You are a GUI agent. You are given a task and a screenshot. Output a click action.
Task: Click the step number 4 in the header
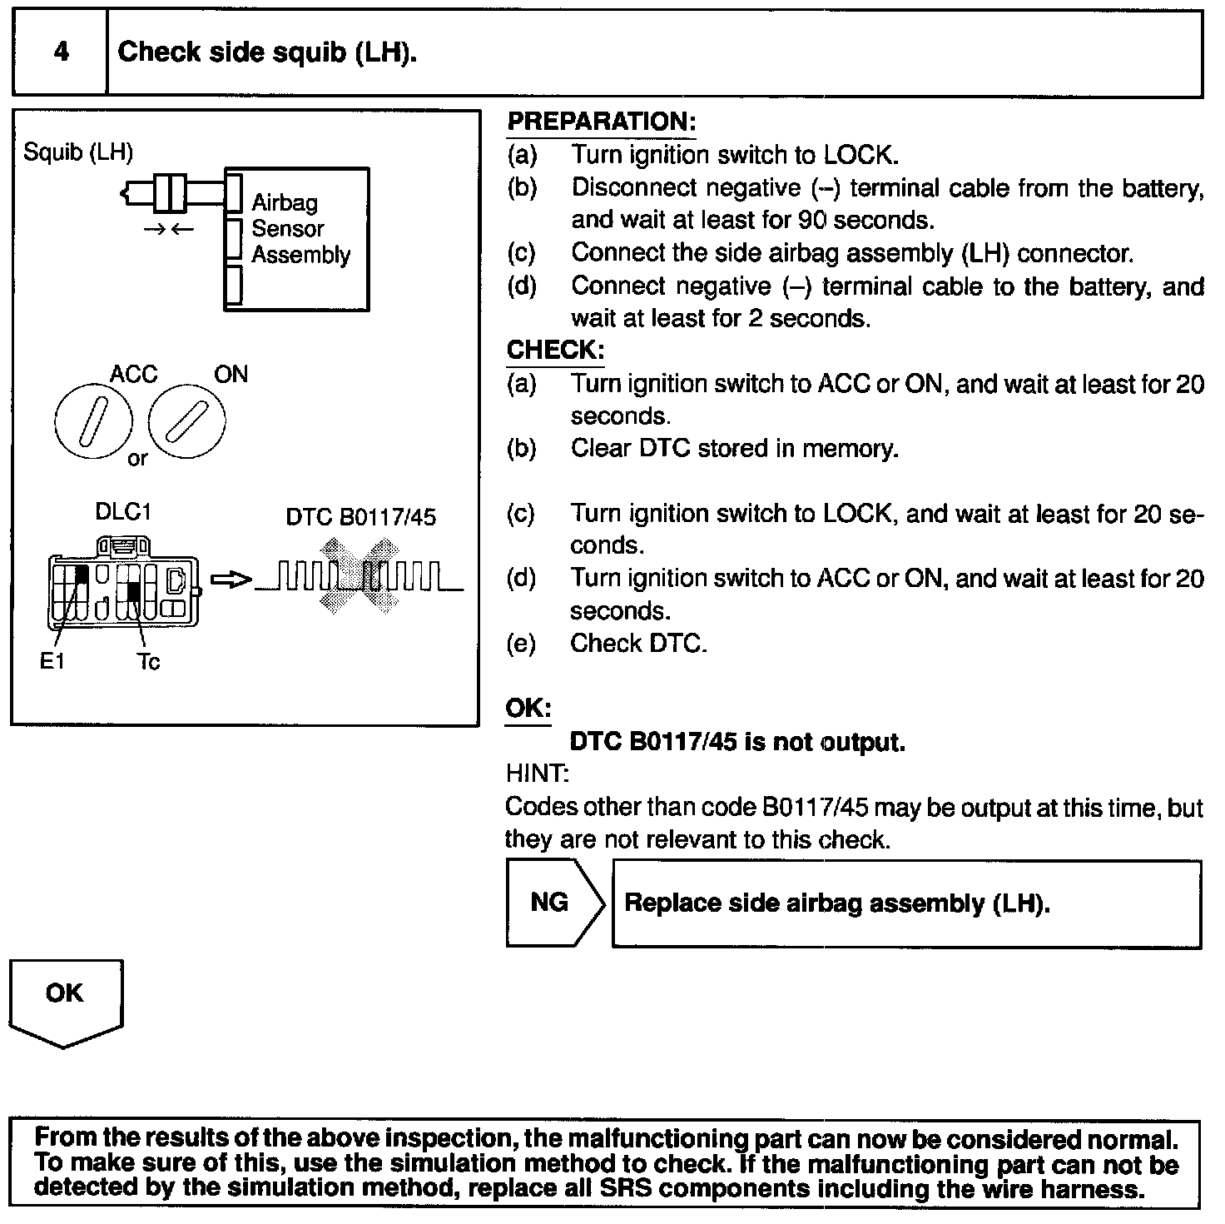pos(61,52)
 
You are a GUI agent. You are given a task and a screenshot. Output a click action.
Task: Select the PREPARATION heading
pos(601,122)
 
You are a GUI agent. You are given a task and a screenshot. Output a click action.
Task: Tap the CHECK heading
pos(555,351)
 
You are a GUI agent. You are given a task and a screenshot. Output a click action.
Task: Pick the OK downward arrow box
pos(66,1002)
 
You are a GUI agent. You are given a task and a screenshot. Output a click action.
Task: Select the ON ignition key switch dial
pos(186,421)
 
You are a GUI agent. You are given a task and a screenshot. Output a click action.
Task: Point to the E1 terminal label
pos(52,662)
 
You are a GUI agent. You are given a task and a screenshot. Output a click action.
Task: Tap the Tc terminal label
pos(148,662)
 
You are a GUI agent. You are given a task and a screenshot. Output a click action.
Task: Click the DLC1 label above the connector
pos(123,512)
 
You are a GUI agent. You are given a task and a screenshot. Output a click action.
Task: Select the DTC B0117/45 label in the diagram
pos(360,517)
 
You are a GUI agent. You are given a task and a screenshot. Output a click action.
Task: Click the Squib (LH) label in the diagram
pos(78,152)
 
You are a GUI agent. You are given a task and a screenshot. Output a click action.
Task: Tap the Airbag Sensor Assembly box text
pos(300,228)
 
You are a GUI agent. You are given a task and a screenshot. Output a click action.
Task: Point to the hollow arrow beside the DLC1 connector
pos(231,580)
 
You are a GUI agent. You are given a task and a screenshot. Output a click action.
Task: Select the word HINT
pos(537,774)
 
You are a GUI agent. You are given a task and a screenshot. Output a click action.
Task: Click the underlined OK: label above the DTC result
pos(528,709)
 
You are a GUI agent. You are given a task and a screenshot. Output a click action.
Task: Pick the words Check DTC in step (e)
pos(638,644)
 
